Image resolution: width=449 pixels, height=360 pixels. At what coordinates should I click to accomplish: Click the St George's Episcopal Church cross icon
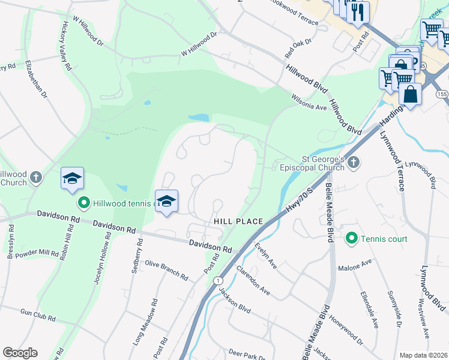354,162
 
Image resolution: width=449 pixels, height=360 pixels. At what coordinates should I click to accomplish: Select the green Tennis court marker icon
353,239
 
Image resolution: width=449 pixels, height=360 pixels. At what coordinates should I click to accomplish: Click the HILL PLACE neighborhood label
238,221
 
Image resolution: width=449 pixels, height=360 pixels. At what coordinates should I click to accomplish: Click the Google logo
20,353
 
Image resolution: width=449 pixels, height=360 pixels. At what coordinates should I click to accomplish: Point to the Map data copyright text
423,355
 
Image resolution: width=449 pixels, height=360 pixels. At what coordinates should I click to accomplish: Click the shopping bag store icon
411,95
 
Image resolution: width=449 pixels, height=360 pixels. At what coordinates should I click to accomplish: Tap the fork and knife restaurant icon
358,12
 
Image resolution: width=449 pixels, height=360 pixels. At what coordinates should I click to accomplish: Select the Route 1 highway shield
217,281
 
